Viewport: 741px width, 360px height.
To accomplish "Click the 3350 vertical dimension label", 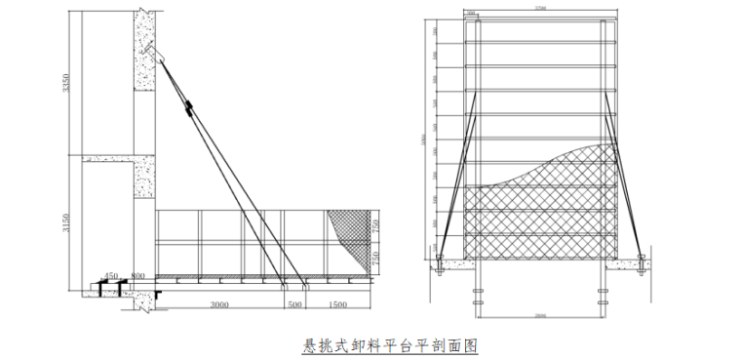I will coord(66,87).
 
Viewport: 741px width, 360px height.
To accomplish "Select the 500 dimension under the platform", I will coord(293,305).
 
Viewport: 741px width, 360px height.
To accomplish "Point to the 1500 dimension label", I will coord(338,305).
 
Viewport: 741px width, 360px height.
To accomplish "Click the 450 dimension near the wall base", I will coord(112,276).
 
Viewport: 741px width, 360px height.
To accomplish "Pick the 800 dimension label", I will coord(138,276).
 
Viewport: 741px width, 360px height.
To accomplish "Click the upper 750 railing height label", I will coord(375,225).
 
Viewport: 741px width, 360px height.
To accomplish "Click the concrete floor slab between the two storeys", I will coord(112,158).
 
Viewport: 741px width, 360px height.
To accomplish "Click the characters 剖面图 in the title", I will coord(457,345).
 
